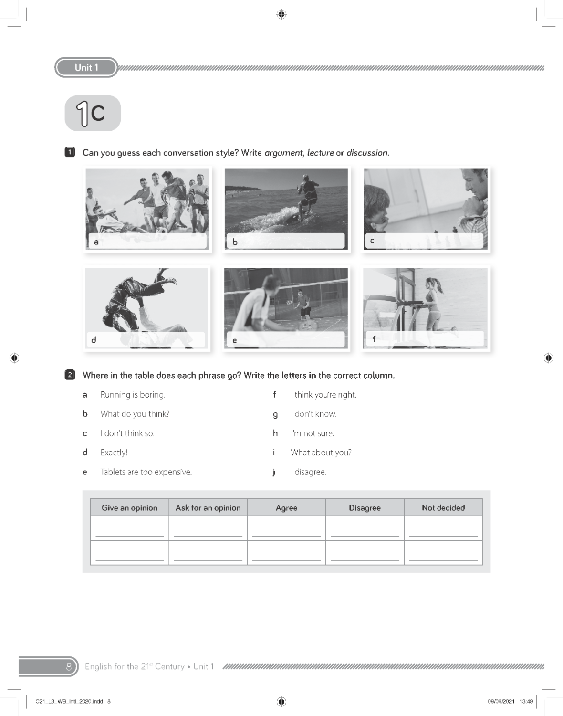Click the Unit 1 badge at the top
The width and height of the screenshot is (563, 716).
point(86,67)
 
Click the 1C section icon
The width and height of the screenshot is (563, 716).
point(93,113)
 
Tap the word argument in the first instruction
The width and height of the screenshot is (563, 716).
point(283,153)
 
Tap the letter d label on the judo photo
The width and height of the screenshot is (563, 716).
point(94,340)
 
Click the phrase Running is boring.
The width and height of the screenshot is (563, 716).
point(133,395)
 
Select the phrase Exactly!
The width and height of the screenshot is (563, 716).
point(114,453)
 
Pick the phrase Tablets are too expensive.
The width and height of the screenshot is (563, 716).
point(146,472)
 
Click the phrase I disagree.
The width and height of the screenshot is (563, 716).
point(308,472)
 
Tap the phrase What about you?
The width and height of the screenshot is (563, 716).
point(321,453)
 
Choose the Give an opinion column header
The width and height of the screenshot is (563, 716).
point(129,508)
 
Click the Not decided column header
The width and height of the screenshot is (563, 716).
point(443,508)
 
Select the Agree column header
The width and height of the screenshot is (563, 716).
point(286,508)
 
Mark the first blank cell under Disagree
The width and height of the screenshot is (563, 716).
point(365,529)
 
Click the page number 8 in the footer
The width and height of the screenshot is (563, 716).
point(69,666)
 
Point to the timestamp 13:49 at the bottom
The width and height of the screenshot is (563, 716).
point(526,701)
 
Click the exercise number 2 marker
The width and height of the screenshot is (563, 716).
point(70,375)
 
